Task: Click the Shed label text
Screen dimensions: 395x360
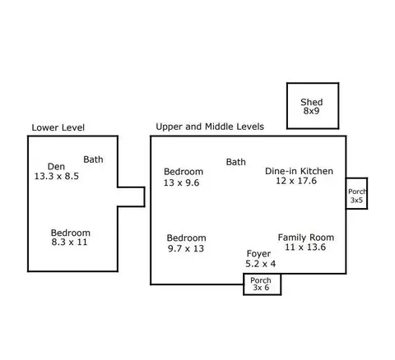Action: [x=311, y=102]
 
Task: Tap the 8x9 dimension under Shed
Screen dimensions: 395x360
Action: [x=311, y=111]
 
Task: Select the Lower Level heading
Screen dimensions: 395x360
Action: [x=58, y=127]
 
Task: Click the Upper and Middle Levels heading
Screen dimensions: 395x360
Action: [x=210, y=127]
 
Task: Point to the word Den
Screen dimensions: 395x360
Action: [x=56, y=167]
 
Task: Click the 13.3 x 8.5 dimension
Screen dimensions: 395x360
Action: [x=57, y=176]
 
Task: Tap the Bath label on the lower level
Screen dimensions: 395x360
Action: [x=93, y=159]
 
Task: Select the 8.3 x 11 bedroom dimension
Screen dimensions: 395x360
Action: [x=69, y=242]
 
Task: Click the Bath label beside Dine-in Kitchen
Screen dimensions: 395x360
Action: [x=236, y=162]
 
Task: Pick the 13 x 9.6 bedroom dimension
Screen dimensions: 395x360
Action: [x=181, y=182]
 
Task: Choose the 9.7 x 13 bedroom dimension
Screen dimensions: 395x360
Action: [x=186, y=248]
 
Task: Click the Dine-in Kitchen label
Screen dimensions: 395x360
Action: [x=299, y=171]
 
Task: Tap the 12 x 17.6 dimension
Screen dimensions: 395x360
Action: [x=296, y=181]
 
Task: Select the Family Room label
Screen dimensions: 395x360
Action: [x=306, y=238]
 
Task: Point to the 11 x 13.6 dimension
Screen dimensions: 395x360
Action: [x=305, y=247]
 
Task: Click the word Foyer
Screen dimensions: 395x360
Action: [x=258, y=254]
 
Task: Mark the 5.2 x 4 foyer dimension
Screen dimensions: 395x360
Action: [x=261, y=264]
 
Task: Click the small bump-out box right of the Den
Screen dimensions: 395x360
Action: [x=144, y=196]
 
